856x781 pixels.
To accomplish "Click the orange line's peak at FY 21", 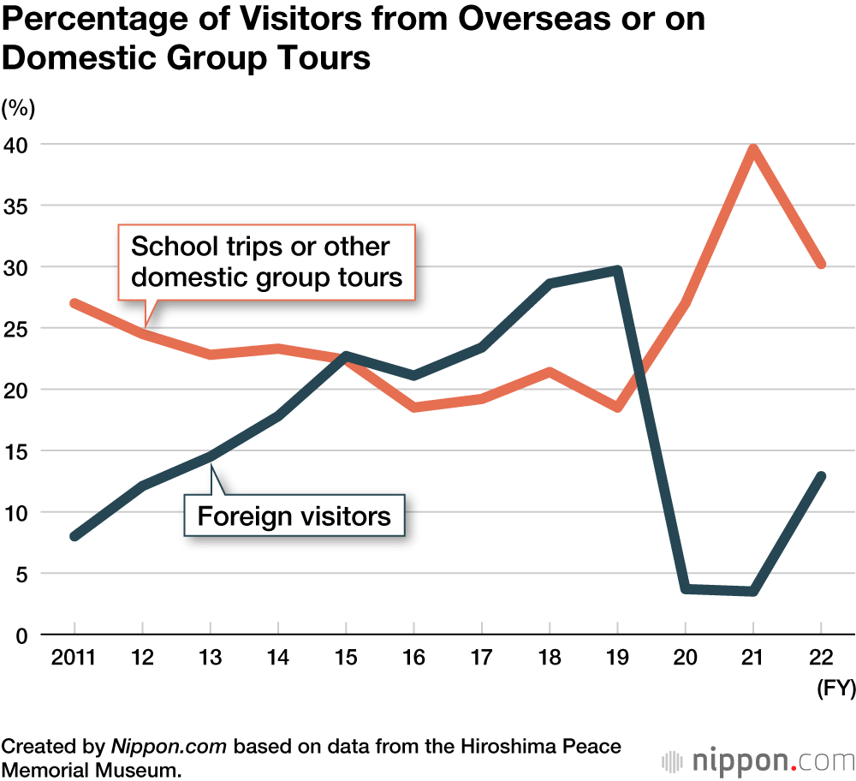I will coord(752,149).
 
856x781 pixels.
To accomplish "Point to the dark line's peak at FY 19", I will coord(617,270).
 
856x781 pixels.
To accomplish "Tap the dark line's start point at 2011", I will coord(74,536).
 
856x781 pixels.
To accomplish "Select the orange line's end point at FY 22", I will coord(821,265).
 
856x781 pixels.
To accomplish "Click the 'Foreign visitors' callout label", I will coord(294,516).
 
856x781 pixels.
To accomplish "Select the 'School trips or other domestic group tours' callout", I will coord(266,261).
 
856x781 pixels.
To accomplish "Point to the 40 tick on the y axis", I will coord(16,144).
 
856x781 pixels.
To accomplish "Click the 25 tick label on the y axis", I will coord(16,328).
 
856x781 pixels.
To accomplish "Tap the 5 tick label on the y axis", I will coord(22,573).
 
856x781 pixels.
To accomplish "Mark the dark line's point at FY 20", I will coord(685,588).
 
